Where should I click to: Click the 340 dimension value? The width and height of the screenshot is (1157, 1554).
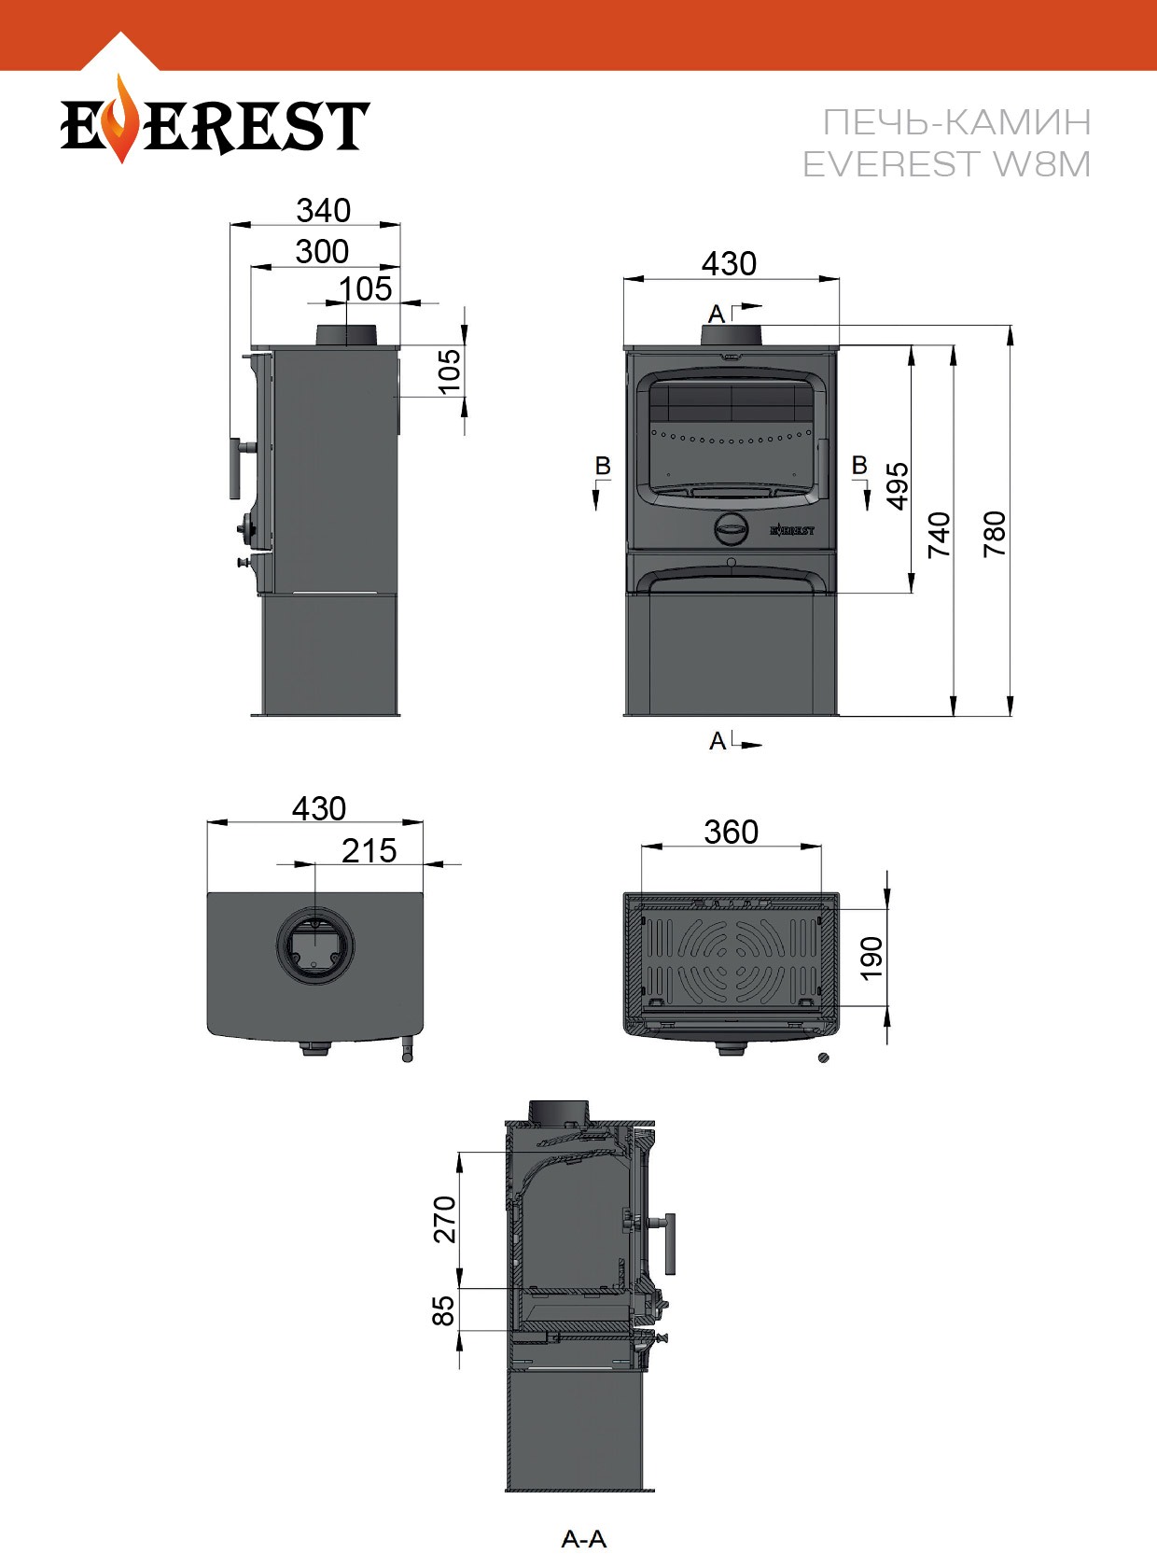[323, 210]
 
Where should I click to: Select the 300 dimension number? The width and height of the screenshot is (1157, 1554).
[322, 251]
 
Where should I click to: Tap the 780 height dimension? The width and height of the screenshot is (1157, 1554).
[995, 534]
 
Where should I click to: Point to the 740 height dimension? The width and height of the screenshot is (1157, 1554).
[940, 535]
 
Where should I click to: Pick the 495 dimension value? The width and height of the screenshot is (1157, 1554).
[898, 485]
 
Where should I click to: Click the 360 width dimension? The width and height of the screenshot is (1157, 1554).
[731, 832]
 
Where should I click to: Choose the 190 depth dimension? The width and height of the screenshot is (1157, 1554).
[871, 958]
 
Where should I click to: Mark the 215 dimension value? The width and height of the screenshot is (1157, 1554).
[369, 850]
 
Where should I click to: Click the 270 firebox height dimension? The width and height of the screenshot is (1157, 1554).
[445, 1220]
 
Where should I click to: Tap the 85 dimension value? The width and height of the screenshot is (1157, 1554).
[443, 1310]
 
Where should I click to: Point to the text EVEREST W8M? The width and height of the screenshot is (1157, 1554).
[946, 164]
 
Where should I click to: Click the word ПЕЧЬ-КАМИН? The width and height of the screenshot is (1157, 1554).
[956, 122]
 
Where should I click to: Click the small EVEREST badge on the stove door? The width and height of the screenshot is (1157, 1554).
[792, 530]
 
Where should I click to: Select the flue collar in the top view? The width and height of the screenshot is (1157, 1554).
[315, 945]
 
